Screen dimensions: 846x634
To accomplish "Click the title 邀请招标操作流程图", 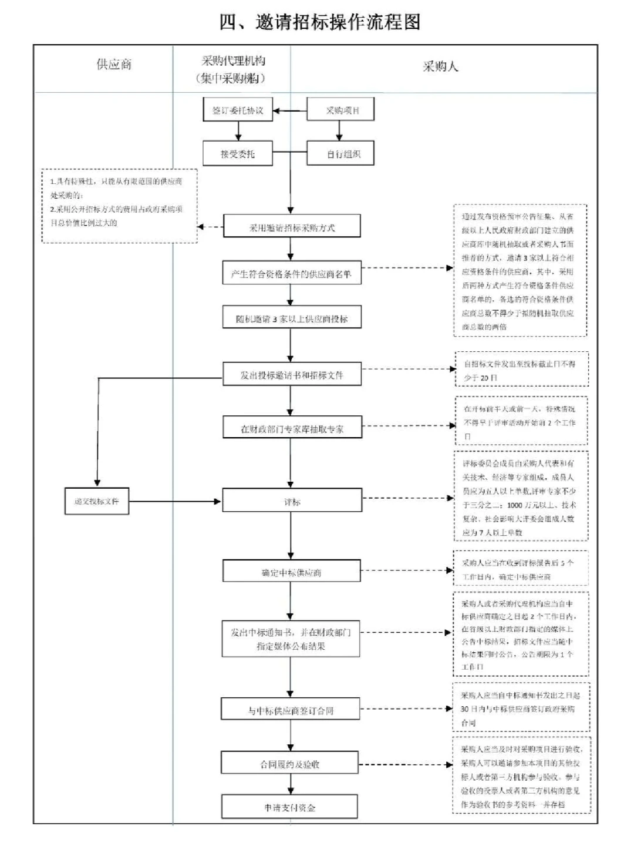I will tap(320, 22).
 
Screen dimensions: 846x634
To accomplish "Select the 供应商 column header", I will tap(114, 65).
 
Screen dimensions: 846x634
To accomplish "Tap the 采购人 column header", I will tap(440, 66).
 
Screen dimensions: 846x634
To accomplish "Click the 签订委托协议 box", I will tap(238, 110).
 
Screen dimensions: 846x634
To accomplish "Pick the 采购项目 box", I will tap(341, 110).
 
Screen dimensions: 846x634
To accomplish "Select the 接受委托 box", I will tap(238, 154).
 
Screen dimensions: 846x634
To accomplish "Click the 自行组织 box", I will tap(341, 154).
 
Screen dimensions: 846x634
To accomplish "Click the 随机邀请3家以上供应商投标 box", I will tap(292, 318).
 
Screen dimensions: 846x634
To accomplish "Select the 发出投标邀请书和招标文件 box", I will tap(292, 375).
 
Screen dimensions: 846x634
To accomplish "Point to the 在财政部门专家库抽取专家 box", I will tap(292, 428).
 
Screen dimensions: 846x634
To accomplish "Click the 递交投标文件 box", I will tap(97, 501).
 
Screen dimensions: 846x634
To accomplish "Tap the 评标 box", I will tap(292, 502).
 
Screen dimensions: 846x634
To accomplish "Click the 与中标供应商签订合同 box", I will tap(291, 710).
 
